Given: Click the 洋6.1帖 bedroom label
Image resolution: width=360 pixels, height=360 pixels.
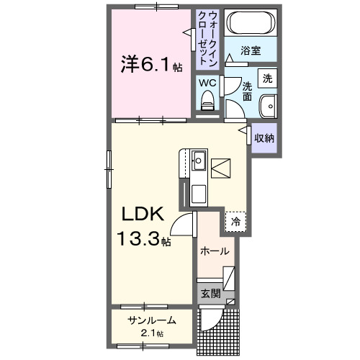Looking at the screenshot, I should tap(150, 66).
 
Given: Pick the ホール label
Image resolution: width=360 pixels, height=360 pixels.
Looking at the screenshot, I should tap(214, 251).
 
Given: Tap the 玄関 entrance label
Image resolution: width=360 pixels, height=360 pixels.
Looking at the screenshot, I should tap(210, 293).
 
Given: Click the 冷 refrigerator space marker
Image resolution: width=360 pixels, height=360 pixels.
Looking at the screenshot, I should tap(235, 222).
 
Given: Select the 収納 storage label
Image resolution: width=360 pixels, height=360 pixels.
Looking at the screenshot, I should tap(263, 137).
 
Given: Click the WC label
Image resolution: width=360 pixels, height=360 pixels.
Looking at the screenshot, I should tap(207, 83).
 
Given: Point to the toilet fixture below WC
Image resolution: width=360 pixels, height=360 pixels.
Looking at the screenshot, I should tap(208, 105).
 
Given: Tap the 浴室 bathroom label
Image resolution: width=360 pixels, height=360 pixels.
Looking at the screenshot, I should tap(251, 51).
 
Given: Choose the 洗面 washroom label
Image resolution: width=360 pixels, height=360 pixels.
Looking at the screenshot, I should tap(246, 90).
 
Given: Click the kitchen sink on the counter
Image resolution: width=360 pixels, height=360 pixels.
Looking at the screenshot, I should tap(199, 161).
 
